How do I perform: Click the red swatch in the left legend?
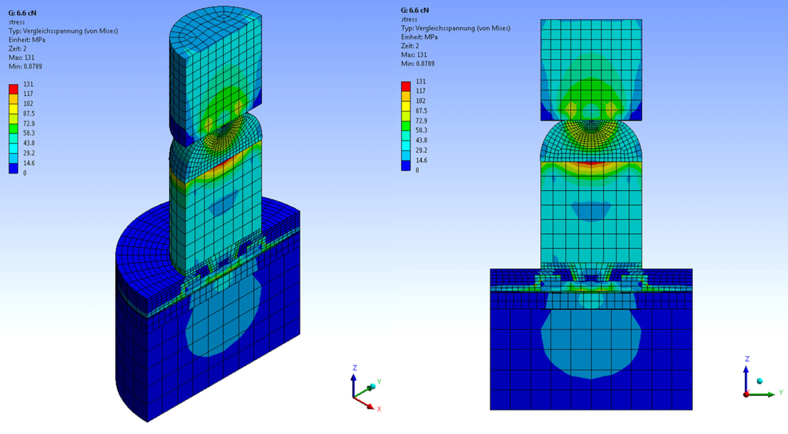pyautogui.click(x=13, y=89)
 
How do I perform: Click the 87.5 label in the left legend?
pyautogui.click(x=29, y=114)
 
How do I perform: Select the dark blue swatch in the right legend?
pyautogui.click(x=405, y=165)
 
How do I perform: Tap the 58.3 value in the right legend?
pyautogui.click(x=421, y=131)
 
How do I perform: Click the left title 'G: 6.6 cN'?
pyautogui.click(x=22, y=13)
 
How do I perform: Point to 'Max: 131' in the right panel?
pyautogui.click(x=414, y=55)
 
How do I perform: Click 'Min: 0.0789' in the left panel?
pyautogui.click(x=25, y=67)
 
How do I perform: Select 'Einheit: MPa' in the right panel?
pyautogui.click(x=419, y=37)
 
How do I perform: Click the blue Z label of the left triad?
pyautogui.click(x=355, y=368)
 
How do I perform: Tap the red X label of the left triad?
pyautogui.click(x=379, y=409)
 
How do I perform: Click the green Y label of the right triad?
pyautogui.click(x=781, y=392)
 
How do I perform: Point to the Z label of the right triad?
pyautogui.click(x=747, y=359)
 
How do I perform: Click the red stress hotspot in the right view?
pyautogui.click(x=591, y=163)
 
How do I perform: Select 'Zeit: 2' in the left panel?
pyautogui.click(x=17, y=49)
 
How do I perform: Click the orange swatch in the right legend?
pyautogui.click(x=405, y=96)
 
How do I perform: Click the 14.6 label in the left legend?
pyautogui.click(x=29, y=163)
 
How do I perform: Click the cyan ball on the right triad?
pyautogui.click(x=759, y=381)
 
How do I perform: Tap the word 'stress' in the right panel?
pyautogui.click(x=409, y=19)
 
